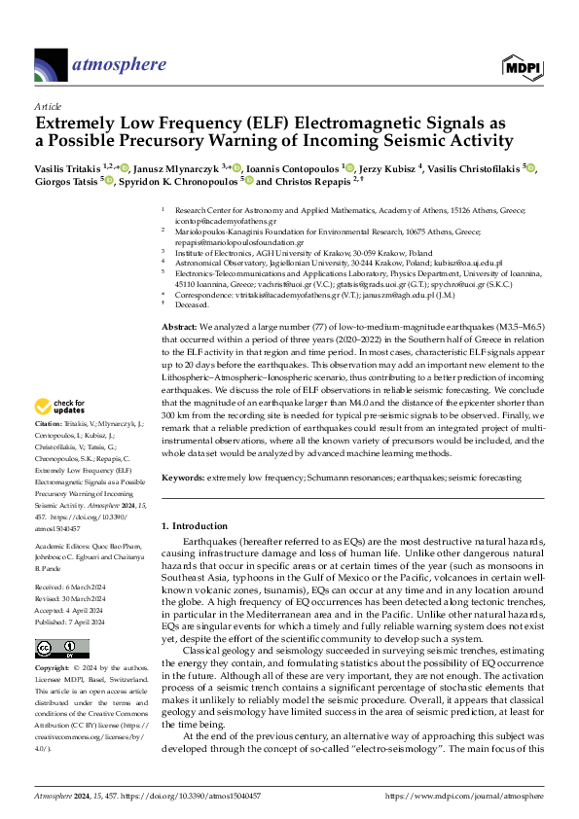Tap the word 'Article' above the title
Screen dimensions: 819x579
pos(48,106)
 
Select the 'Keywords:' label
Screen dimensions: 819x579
pos(183,478)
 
